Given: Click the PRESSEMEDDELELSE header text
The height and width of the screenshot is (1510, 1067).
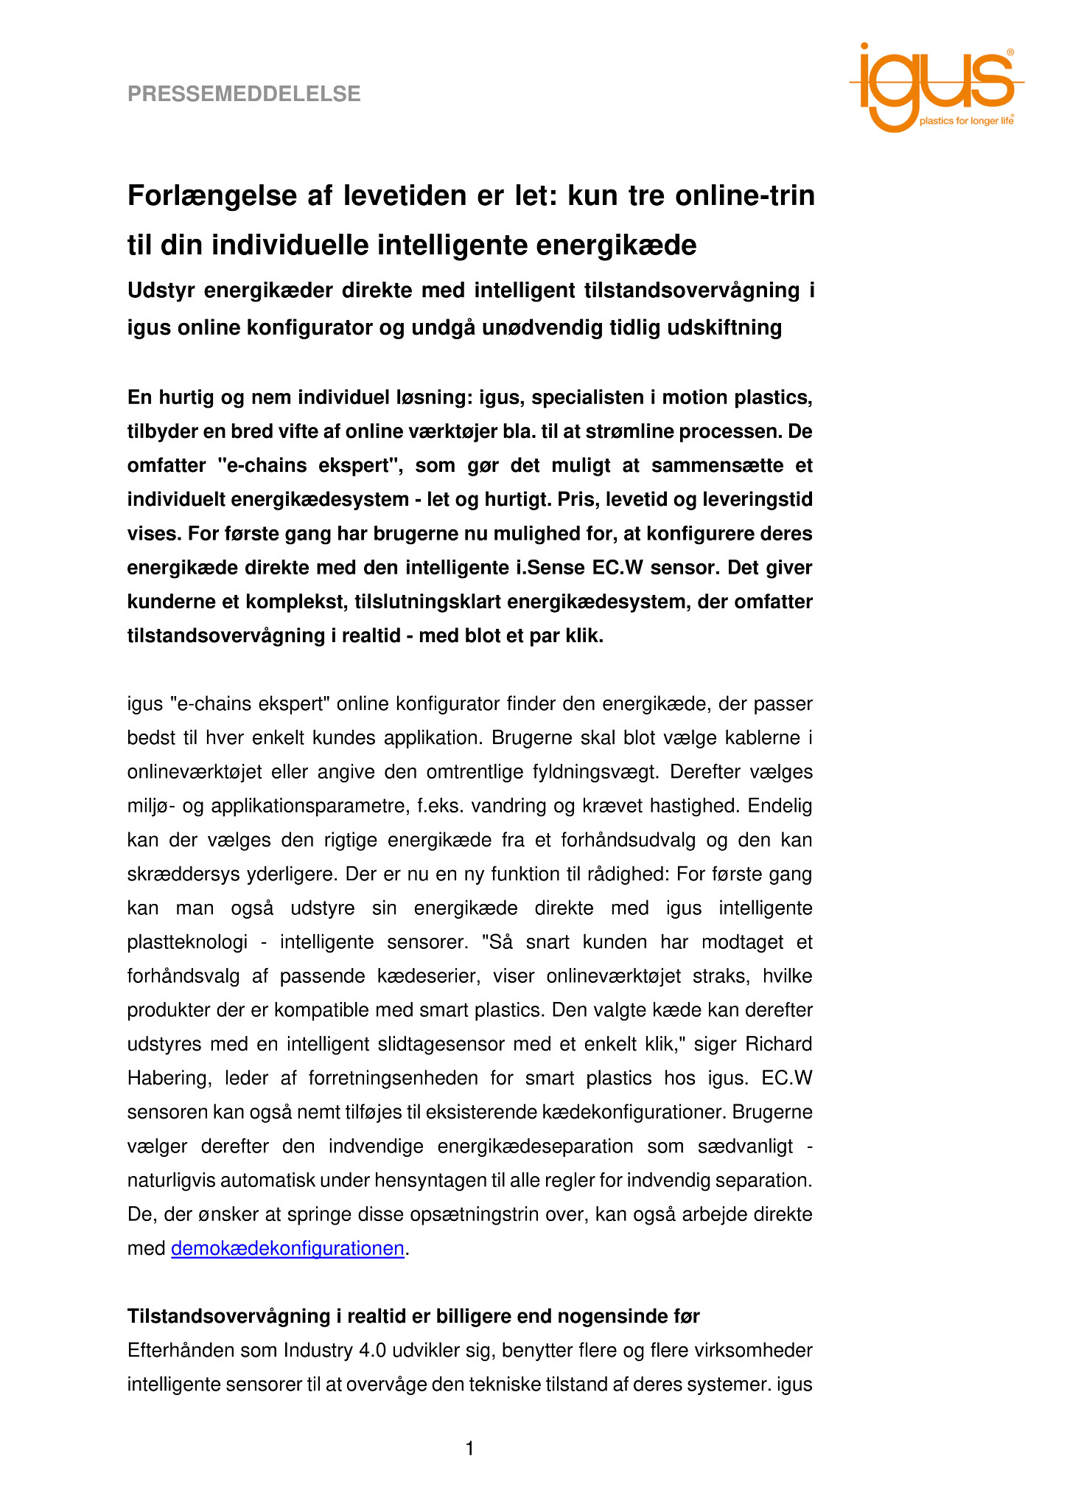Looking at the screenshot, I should click(x=244, y=94).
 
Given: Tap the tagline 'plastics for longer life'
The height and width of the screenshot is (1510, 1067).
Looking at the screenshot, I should click(x=966, y=120).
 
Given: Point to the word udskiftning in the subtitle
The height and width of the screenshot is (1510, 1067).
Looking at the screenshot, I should click(x=724, y=327).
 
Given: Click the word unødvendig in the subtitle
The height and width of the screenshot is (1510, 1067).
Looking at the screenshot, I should click(x=542, y=327).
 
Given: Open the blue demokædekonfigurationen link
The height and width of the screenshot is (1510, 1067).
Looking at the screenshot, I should click(x=287, y=1248).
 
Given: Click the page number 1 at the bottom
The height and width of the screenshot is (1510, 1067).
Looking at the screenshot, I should click(x=469, y=1449).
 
